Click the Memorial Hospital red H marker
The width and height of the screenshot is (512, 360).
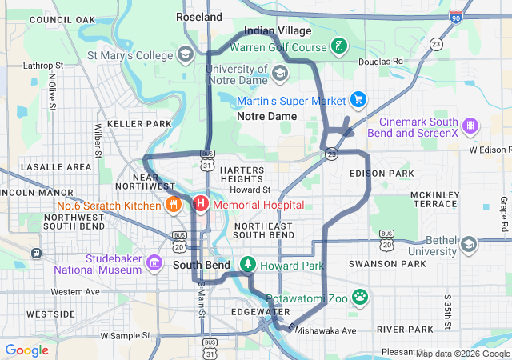200,205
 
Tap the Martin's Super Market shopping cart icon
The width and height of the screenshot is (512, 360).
358,100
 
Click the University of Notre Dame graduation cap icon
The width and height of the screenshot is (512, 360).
279,74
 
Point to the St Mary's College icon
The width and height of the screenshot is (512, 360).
186,55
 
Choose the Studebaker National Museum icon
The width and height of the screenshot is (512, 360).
154,262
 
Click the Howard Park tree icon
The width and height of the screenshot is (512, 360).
248,264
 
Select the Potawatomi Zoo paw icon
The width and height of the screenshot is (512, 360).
360,297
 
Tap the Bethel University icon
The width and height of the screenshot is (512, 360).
469,243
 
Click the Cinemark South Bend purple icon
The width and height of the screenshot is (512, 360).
471,126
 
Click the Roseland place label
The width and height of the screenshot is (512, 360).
199,17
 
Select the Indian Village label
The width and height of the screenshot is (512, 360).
277,30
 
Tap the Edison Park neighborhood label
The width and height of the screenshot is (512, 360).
382,174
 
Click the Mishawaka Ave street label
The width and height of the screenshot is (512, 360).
326,330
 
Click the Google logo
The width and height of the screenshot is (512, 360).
26,350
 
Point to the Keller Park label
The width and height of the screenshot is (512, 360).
139,124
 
